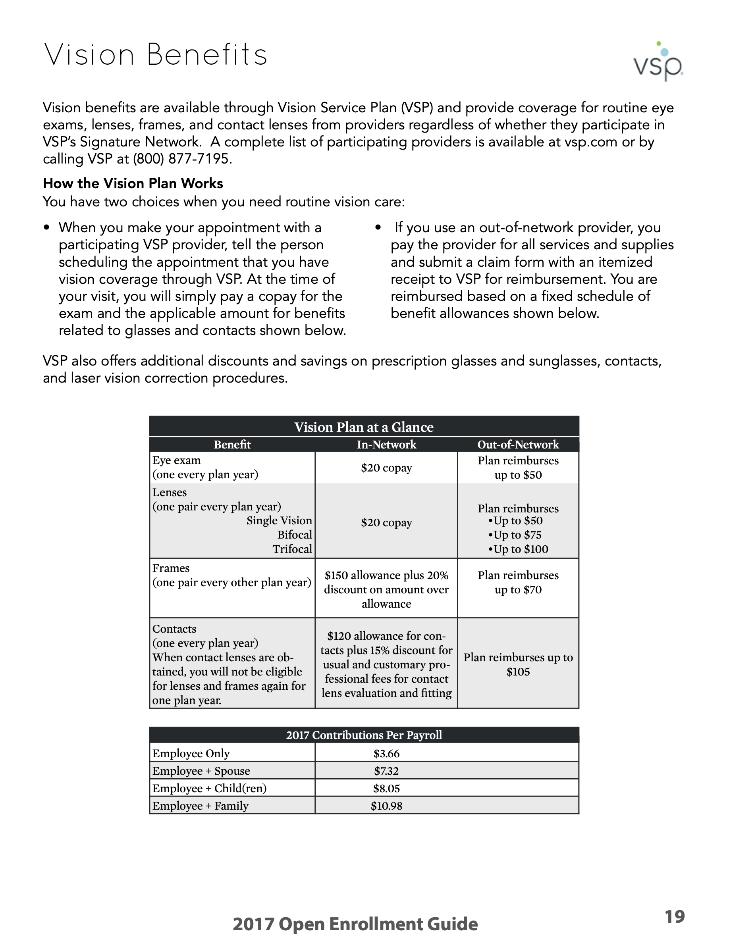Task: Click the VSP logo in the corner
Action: click(658, 63)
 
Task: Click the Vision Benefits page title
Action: click(156, 55)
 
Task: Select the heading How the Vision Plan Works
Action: click(133, 183)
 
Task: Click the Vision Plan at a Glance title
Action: click(364, 427)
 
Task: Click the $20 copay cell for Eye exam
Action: click(386, 468)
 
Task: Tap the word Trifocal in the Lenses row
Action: click(292, 549)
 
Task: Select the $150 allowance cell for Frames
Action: click(386, 589)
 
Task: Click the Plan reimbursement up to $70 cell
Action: click(518, 583)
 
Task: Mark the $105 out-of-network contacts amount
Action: click(518, 672)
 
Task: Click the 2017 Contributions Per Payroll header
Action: click(364, 735)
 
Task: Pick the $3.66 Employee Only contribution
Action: click(386, 754)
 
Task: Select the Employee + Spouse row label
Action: click(201, 771)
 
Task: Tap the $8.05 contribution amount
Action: click(386, 789)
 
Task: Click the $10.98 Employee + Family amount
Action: click(386, 806)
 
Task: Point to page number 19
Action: click(675, 916)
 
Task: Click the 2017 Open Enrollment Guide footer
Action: click(355, 924)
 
